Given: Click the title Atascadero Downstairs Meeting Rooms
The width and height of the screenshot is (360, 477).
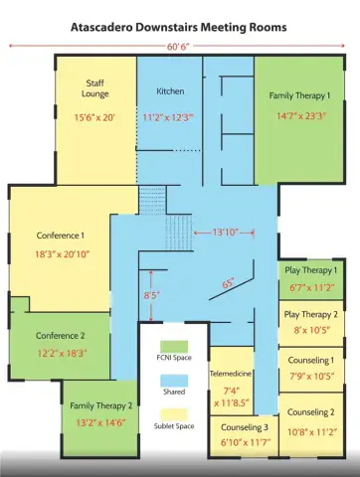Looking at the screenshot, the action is pos(179,27).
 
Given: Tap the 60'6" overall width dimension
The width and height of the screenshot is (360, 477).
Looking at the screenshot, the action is pos(178,47).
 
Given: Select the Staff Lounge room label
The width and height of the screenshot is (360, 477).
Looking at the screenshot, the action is pos(95,88).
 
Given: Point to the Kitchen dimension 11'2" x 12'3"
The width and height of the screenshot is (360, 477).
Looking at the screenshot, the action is pos(168,117).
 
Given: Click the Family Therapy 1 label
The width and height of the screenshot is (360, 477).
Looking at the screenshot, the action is pos(299,95).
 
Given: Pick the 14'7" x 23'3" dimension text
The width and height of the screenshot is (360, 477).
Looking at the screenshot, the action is pos(301,116).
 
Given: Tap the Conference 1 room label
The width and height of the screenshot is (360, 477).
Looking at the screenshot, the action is pos(61,236).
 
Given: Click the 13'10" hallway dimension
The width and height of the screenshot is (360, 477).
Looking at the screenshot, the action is pos(226,233).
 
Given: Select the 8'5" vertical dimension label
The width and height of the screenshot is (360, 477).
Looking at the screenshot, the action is pos(152,295).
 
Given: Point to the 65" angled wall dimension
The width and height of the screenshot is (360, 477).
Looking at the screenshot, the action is pos(228,284).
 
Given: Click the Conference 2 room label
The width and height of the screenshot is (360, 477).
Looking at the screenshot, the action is pos(61,336).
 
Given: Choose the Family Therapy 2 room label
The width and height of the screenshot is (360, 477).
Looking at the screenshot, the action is pos(101,406).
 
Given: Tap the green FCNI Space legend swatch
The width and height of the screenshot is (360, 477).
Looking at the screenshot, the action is pos(174,347).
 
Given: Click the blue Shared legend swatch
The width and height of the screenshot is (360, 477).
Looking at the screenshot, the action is pos(174,381).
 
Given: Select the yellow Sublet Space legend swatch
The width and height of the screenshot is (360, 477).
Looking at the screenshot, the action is pos(174,415).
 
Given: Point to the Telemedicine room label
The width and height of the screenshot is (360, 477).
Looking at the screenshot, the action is pos(231,374).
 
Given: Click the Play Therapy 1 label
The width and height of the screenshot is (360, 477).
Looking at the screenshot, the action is pos(311,270).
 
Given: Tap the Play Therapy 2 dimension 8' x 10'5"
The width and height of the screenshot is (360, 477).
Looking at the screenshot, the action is pos(312,330).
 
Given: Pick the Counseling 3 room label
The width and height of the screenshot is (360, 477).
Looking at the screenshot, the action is pos(245,427).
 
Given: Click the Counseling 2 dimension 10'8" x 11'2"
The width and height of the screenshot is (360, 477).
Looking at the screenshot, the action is pos(312,432).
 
